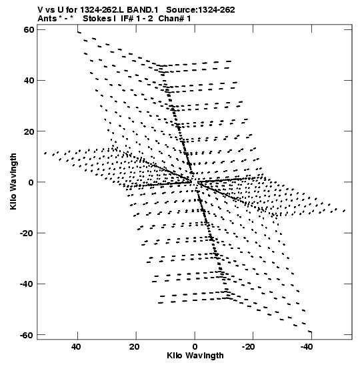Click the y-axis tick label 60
point(29,30)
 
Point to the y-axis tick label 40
point(29,81)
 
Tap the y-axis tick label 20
point(29,131)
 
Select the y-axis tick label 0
point(31,182)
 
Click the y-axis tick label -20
point(27,233)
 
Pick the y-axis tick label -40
point(27,284)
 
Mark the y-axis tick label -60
point(27,335)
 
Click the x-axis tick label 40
point(76,347)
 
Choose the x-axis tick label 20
point(135,347)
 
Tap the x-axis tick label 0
point(195,347)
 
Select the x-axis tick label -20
point(249,347)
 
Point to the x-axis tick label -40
point(307,347)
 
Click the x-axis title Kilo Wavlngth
point(195,356)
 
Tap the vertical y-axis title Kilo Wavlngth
point(13,181)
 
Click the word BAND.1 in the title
point(143,10)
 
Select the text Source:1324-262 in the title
point(201,10)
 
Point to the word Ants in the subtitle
point(47,19)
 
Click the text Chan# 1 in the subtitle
point(175,19)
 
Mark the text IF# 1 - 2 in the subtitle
point(137,19)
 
